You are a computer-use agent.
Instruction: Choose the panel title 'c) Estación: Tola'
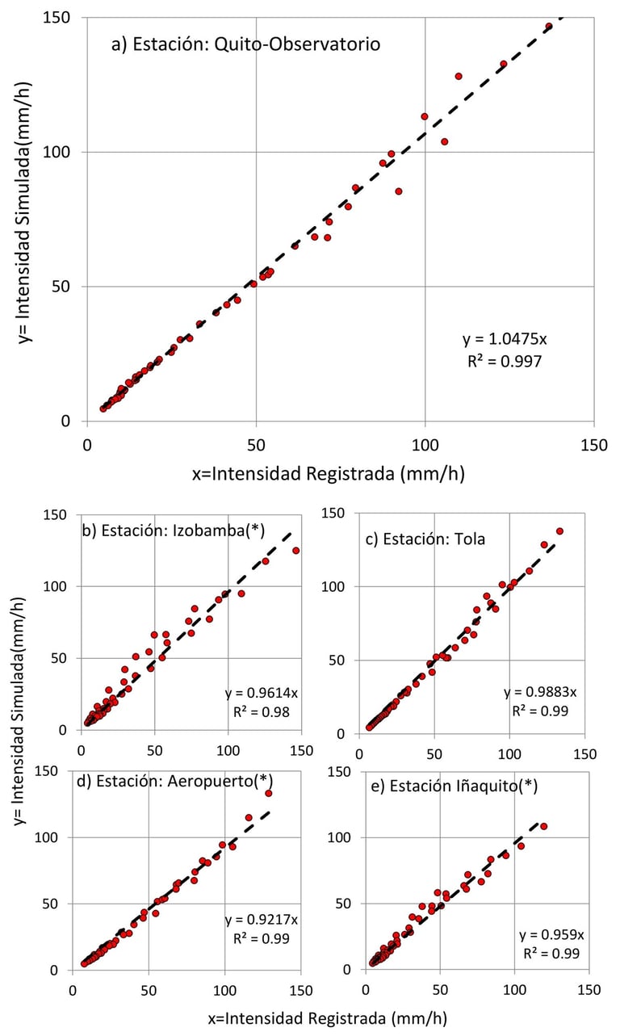point(425,538)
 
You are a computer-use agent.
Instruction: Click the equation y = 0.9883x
point(540,692)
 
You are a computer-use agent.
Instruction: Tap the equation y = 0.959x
point(551,935)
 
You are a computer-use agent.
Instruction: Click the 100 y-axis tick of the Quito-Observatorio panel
point(66,152)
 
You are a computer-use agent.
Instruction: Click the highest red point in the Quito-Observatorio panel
point(548,27)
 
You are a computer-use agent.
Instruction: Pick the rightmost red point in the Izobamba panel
point(295,551)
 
